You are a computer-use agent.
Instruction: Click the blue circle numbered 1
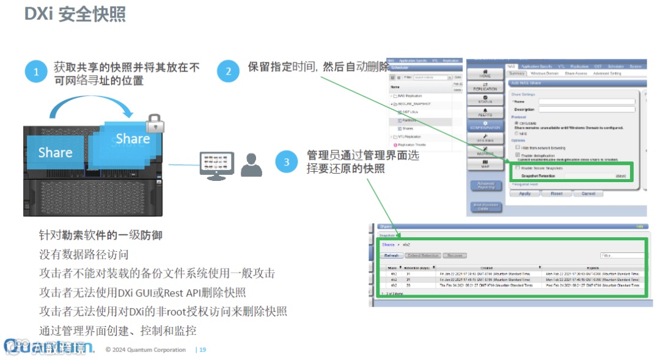pos(36,72)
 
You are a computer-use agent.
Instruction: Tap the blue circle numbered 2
pos(229,72)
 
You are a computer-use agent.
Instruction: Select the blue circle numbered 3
pos(287,162)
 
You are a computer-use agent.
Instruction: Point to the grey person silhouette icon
pos(251,165)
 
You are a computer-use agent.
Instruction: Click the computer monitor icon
pos(216,166)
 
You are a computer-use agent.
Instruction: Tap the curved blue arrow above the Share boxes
pos(91,107)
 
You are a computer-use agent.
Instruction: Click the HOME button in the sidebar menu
pos(485,73)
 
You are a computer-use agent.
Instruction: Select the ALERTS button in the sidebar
pos(485,111)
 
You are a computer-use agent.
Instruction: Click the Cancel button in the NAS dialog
pos(588,193)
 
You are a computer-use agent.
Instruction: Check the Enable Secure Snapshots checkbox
pos(518,167)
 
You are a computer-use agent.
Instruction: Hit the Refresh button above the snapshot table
pos(391,255)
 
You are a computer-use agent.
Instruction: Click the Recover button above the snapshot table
pos(455,255)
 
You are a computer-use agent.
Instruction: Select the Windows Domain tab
pos(544,73)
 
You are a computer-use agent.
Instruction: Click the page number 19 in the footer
pos(202,350)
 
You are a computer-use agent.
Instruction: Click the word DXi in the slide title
pos(38,14)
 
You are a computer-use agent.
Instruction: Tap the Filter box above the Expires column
pos(622,255)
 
